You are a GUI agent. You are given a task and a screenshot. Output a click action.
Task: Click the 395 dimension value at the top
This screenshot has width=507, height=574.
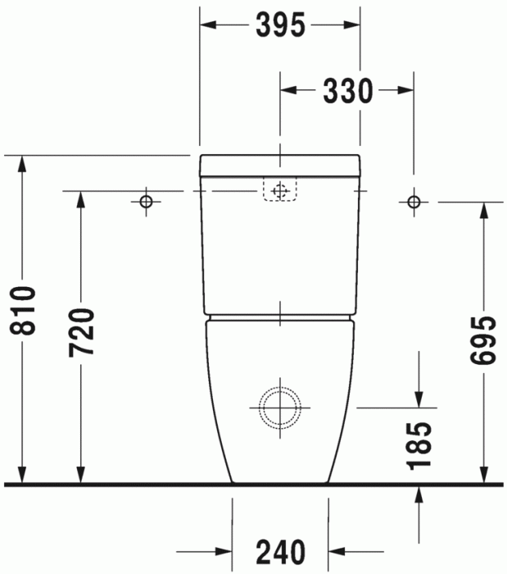[x=280, y=26]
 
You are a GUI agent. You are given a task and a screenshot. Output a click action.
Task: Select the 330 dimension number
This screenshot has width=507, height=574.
[x=346, y=91]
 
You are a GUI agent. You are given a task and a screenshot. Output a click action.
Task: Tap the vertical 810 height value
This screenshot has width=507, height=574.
[x=25, y=312]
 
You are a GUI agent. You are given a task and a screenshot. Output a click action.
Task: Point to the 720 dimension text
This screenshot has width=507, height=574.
[x=82, y=332]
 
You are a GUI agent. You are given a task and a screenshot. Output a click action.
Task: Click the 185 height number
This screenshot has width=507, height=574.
[x=419, y=444]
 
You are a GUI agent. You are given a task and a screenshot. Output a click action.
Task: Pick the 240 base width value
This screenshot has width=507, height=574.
[x=280, y=551]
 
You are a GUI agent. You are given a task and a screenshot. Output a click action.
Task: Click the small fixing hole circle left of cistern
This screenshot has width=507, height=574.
[x=146, y=201]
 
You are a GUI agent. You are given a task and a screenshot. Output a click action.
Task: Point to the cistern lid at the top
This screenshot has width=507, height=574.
[x=280, y=165]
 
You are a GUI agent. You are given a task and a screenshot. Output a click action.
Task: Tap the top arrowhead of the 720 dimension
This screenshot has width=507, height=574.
[x=82, y=200]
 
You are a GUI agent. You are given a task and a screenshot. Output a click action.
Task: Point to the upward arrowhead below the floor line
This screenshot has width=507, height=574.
[x=419, y=494]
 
